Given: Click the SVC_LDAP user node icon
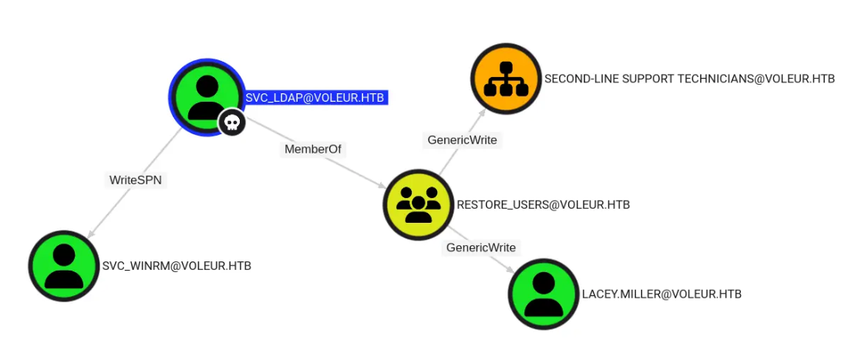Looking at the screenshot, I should click(x=207, y=96).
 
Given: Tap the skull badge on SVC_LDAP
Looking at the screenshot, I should click(x=231, y=122).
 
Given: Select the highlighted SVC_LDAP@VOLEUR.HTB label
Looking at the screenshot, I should click(x=315, y=98).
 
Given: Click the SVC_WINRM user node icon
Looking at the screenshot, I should click(x=64, y=266).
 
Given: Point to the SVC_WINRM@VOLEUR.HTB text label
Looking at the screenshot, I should click(x=177, y=266).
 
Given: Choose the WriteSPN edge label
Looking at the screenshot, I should click(x=136, y=180).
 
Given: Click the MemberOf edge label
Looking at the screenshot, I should click(x=312, y=150).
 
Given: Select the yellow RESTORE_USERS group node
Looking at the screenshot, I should click(x=418, y=205).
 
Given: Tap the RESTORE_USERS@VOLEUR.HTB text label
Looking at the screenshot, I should click(x=543, y=205).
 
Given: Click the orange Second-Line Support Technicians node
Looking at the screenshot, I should click(x=506, y=79).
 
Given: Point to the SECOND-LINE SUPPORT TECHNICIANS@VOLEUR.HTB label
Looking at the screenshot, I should click(x=689, y=79).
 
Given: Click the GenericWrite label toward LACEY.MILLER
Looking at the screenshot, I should click(x=481, y=247).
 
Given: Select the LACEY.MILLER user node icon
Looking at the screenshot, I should click(x=544, y=294).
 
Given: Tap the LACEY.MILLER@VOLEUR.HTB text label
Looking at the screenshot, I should click(x=662, y=294).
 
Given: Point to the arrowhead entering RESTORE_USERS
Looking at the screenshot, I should click(x=383, y=187).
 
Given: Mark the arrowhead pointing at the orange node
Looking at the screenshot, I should click(x=483, y=113).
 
